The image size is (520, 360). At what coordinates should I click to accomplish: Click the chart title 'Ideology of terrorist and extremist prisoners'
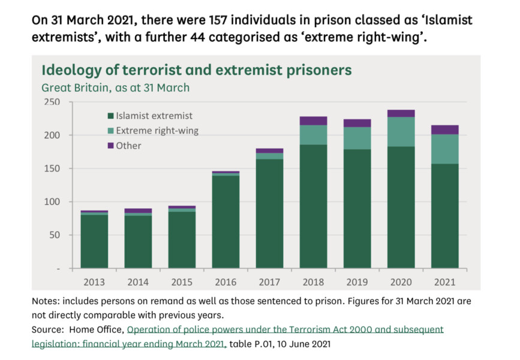[196, 70]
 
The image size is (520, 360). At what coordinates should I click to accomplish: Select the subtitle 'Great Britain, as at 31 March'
[115, 88]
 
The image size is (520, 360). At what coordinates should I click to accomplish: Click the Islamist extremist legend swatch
[110, 116]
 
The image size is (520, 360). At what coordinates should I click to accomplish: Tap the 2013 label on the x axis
[94, 281]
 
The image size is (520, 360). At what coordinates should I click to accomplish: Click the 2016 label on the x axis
[226, 281]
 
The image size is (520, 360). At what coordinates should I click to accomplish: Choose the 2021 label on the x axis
[445, 281]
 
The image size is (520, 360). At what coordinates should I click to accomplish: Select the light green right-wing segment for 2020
[401, 131]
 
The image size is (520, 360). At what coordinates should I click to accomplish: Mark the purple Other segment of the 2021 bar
[445, 129]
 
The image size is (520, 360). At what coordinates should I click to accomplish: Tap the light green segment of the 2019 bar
[357, 138]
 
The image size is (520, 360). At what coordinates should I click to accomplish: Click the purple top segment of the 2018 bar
[313, 121]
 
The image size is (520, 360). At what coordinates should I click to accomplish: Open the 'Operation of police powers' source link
[285, 329]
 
